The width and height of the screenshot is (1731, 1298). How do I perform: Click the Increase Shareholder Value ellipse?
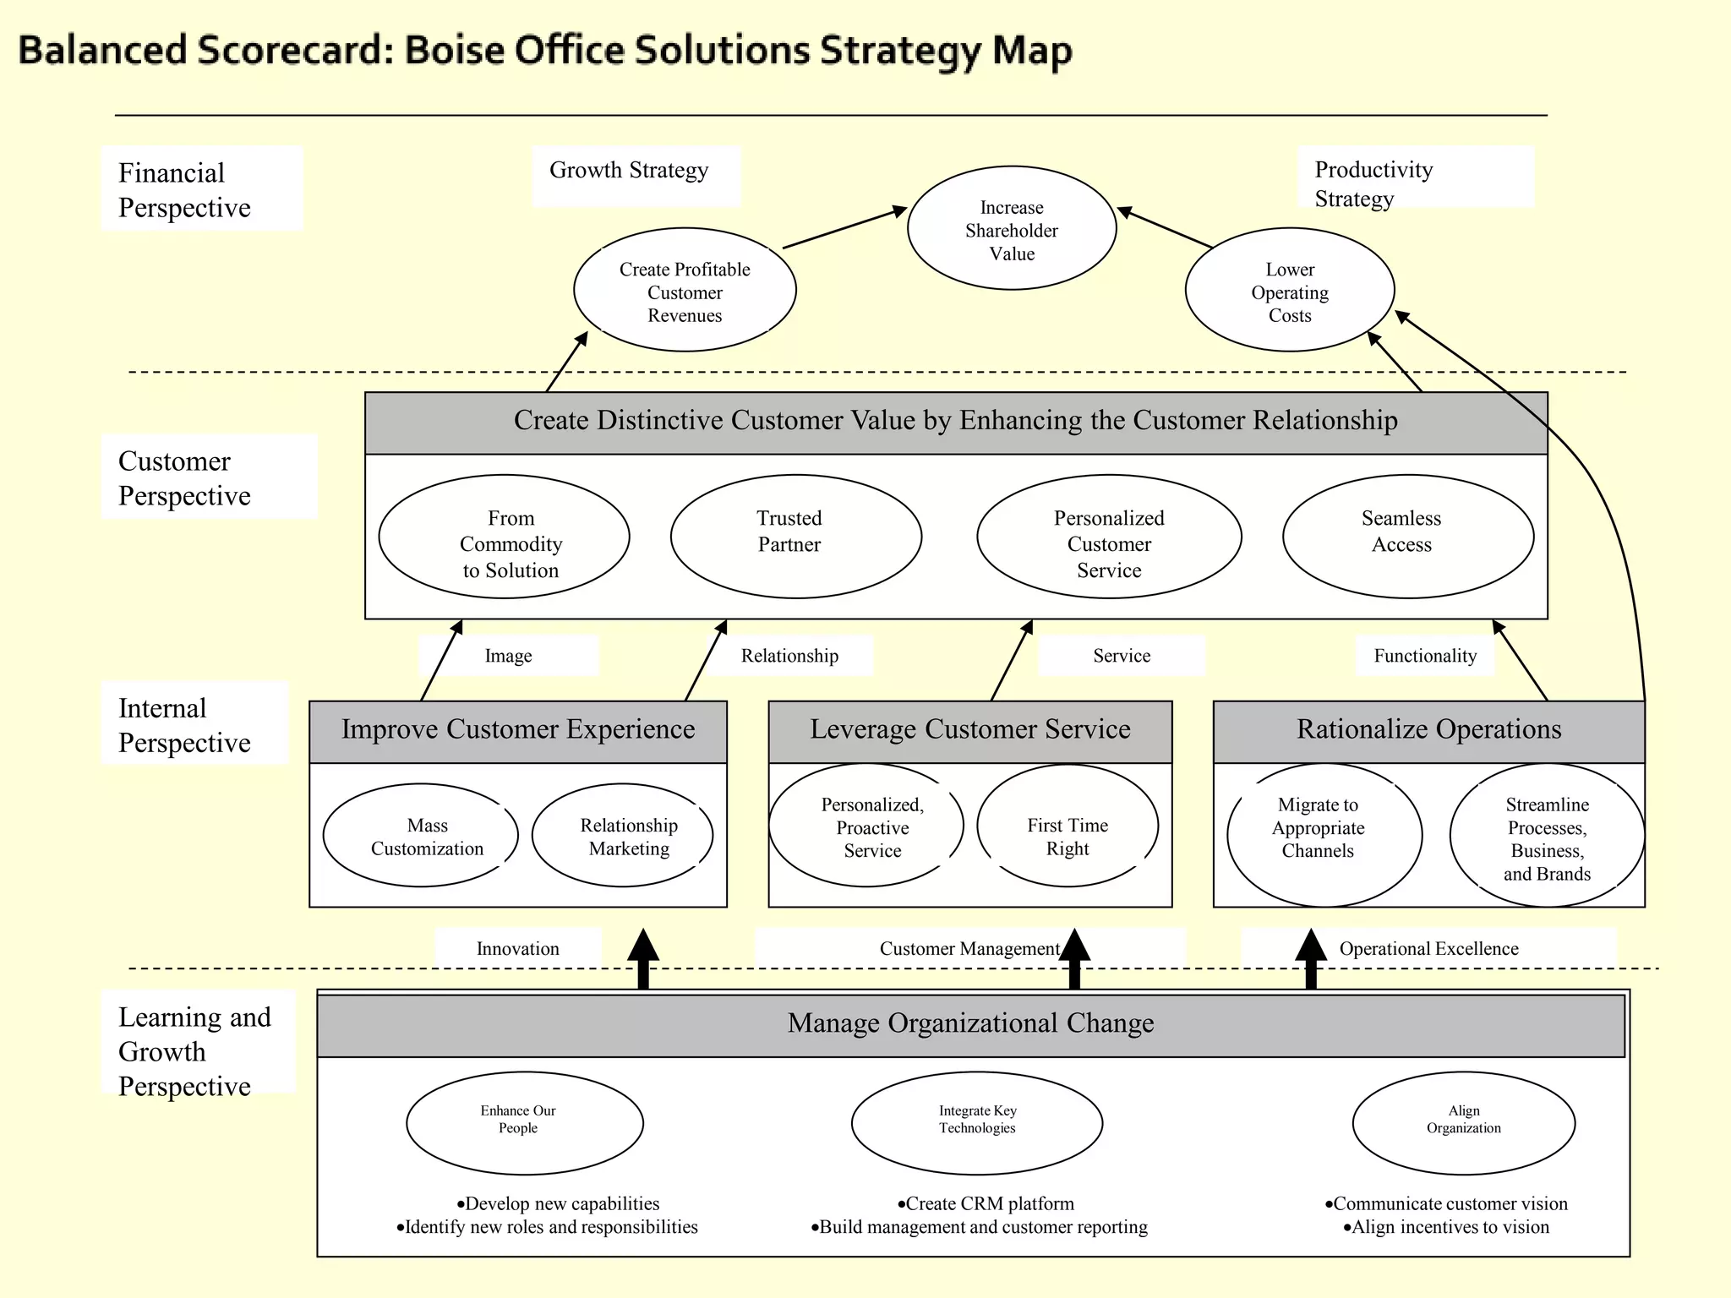1012,229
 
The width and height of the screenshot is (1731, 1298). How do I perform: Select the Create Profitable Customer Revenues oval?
685,291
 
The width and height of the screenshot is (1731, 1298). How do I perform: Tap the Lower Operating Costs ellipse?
1290,291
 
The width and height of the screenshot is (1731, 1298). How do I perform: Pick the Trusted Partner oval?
795,536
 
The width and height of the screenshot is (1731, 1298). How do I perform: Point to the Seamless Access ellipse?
1408,536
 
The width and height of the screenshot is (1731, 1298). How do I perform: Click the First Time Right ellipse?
1068,826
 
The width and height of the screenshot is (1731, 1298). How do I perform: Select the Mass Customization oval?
421,836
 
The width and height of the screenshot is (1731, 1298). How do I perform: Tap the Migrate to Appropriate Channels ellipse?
1324,835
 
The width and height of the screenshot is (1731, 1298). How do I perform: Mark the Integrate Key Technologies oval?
977,1123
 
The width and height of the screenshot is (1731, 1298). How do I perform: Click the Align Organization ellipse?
1464,1123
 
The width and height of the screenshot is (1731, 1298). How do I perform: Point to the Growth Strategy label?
629,171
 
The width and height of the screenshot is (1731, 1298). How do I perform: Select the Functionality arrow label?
1425,656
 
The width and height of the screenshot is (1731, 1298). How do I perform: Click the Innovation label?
517,949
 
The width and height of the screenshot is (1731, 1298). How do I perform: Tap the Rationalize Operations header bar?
1428,730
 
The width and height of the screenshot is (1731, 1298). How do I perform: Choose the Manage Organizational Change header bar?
970,1024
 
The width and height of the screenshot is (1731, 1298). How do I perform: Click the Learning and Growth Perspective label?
194,1051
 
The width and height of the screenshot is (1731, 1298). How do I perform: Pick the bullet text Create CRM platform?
986,1204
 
